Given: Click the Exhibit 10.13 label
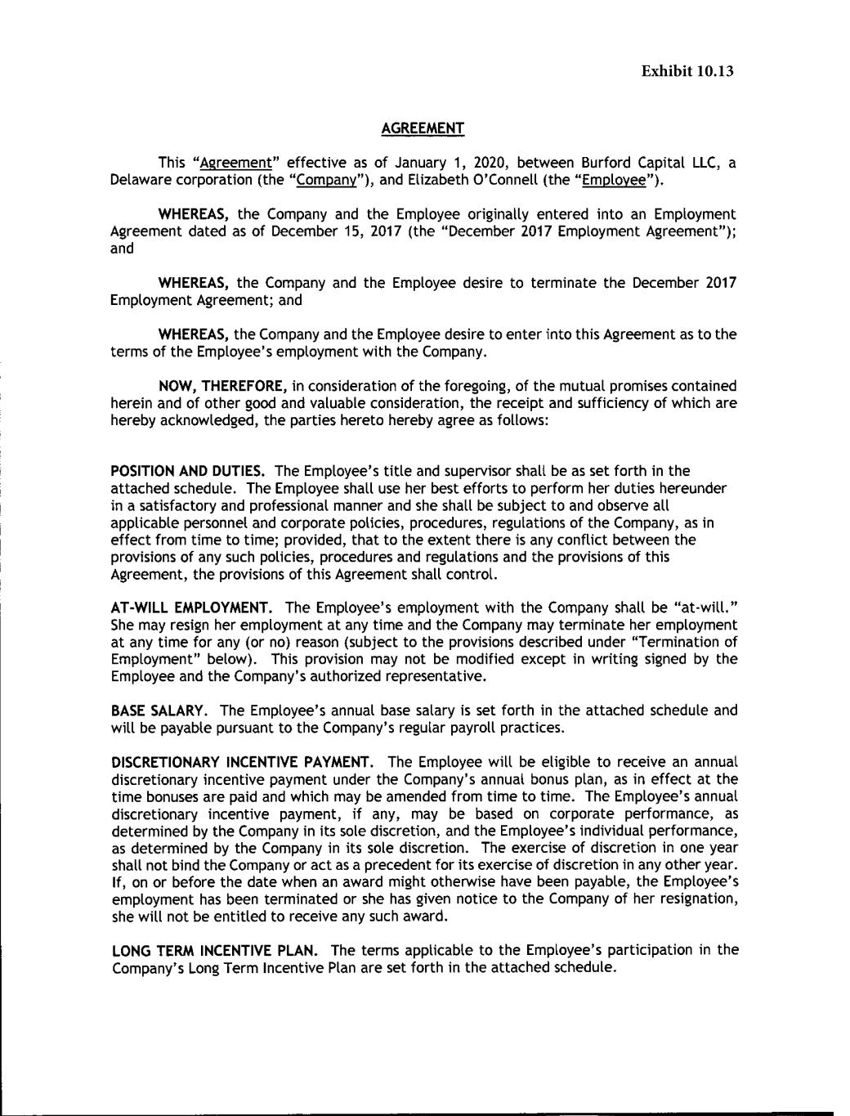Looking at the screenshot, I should (x=687, y=71).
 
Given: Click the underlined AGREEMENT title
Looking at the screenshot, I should (x=423, y=128).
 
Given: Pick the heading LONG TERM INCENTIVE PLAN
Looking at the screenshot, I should (x=214, y=950).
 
